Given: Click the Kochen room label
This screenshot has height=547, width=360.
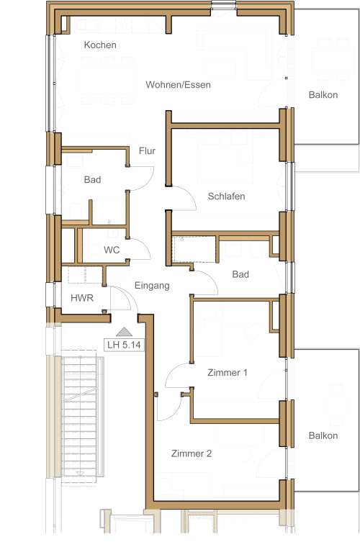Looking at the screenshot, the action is (x=100, y=45).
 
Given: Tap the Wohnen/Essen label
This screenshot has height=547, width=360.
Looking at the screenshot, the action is (x=178, y=85).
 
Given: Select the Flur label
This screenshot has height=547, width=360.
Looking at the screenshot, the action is (x=147, y=150).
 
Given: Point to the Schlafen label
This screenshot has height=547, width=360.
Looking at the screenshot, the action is (x=226, y=196).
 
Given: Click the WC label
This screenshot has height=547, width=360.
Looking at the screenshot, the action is (x=112, y=250).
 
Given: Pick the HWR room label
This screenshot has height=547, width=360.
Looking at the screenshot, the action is (x=82, y=298).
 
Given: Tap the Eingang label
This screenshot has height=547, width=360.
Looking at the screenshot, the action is (x=152, y=286).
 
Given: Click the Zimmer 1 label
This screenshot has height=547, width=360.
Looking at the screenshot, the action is (x=228, y=373).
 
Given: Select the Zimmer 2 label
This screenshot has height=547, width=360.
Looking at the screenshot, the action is (x=192, y=453).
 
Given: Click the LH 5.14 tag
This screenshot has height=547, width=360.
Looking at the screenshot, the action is (x=124, y=345).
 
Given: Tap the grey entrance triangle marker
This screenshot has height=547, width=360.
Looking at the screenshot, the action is (x=124, y=332).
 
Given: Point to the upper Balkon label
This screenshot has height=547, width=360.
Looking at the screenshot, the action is (x=323, y=95).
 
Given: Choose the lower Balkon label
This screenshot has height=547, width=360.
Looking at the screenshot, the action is (x=323, y=435).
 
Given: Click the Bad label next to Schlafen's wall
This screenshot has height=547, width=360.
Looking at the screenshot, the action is (x=240, y=274).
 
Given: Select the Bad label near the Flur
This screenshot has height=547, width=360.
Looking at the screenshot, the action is (x=92, y=180).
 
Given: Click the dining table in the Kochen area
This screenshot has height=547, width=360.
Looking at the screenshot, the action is (x=107, y=80).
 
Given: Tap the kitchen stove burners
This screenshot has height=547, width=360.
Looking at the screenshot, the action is (x=124, y=24).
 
